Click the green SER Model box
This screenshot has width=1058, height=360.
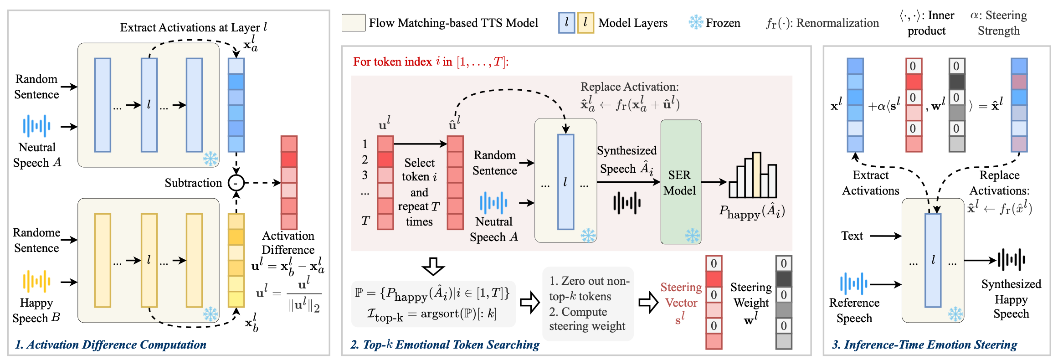680,182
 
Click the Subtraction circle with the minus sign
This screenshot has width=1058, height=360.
236,183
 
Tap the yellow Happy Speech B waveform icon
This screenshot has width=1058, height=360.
36,281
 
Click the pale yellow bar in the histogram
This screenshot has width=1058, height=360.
756,175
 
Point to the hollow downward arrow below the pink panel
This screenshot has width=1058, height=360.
433,267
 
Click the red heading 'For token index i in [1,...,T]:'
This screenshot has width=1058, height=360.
431,62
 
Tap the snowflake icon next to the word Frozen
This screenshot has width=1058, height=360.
696,22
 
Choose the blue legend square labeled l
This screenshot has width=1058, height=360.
566,23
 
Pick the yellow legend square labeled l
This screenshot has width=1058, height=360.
585,23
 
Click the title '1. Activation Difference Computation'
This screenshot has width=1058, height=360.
111,345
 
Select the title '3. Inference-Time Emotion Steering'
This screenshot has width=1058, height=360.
924,345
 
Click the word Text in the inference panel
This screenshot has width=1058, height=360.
852,236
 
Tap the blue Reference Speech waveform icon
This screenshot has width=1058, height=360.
853,283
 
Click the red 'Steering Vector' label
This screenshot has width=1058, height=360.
681,295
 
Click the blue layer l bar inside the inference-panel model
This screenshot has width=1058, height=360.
933,260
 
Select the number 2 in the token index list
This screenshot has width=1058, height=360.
365,159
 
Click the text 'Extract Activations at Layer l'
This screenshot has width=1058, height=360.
193,27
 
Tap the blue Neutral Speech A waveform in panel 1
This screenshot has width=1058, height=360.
36,126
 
